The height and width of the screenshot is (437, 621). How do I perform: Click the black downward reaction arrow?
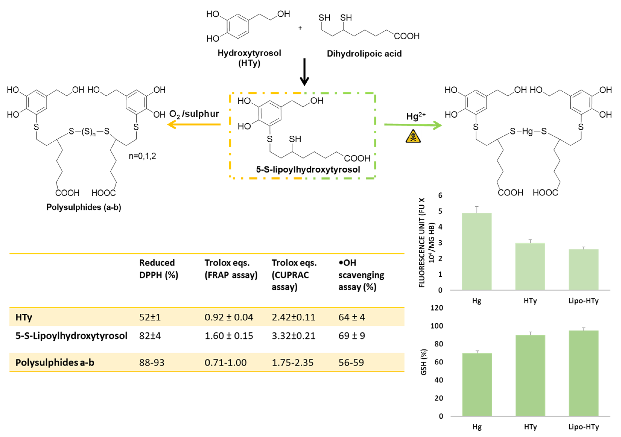[305, 72]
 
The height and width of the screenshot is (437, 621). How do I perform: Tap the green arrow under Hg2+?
[413, 125]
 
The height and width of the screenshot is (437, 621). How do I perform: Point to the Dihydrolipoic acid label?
[364, 54]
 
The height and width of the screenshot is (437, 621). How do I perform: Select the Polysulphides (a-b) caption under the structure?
[84, 207]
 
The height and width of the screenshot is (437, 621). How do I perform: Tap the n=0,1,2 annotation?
[142, 156]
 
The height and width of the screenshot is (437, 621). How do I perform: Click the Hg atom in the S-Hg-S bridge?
[527, 131]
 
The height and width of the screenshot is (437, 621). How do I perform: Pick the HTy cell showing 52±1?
[150, 317]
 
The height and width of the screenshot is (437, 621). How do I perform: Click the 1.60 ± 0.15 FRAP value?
[229, 336]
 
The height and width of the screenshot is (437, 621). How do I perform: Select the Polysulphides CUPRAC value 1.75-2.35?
[293, 362]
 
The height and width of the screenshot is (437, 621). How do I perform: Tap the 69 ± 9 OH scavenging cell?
[352, 336]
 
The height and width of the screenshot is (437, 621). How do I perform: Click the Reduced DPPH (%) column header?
[159, 269]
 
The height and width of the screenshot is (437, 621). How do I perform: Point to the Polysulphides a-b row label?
[55, 362]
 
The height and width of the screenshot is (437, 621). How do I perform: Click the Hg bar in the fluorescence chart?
[477, 252]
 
